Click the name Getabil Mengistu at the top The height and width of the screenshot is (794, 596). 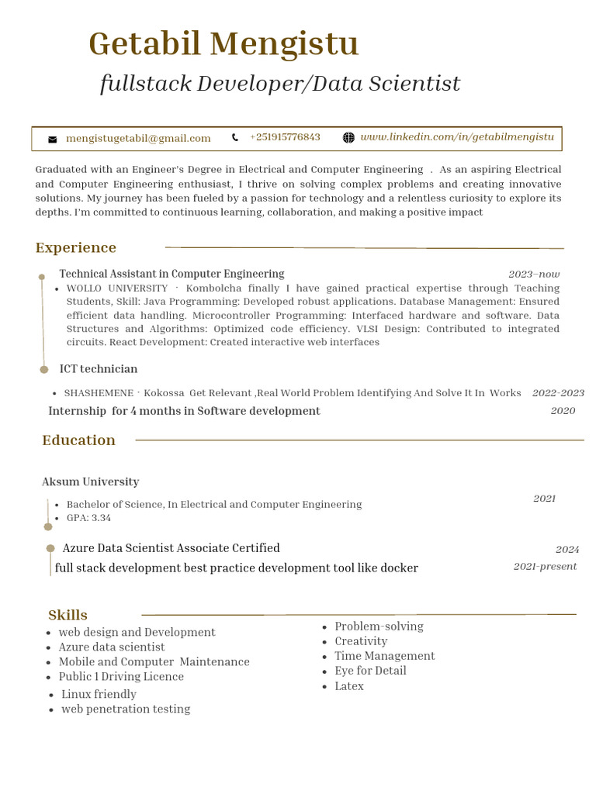223,43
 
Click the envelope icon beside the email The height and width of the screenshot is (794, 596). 53,140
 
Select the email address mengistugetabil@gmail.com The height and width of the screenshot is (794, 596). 138,139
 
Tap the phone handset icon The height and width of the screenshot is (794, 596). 235,138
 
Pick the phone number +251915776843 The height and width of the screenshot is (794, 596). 285,137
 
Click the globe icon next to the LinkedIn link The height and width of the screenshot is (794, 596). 348,138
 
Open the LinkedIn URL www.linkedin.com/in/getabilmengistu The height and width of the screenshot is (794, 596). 457,137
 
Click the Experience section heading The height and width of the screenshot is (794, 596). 76,248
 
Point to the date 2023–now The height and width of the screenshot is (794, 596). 534,274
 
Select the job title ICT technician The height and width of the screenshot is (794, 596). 99,369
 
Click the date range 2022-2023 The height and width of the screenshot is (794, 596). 558,393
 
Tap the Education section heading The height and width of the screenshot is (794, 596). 78,440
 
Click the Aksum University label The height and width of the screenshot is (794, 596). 90,482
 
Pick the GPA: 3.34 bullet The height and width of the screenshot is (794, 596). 88,518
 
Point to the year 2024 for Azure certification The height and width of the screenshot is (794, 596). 567,550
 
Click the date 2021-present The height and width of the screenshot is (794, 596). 545,567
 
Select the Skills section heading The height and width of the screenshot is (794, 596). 68,615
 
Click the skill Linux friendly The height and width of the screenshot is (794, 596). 99,694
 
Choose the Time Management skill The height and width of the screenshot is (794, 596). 384,656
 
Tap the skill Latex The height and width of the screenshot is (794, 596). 349,686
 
